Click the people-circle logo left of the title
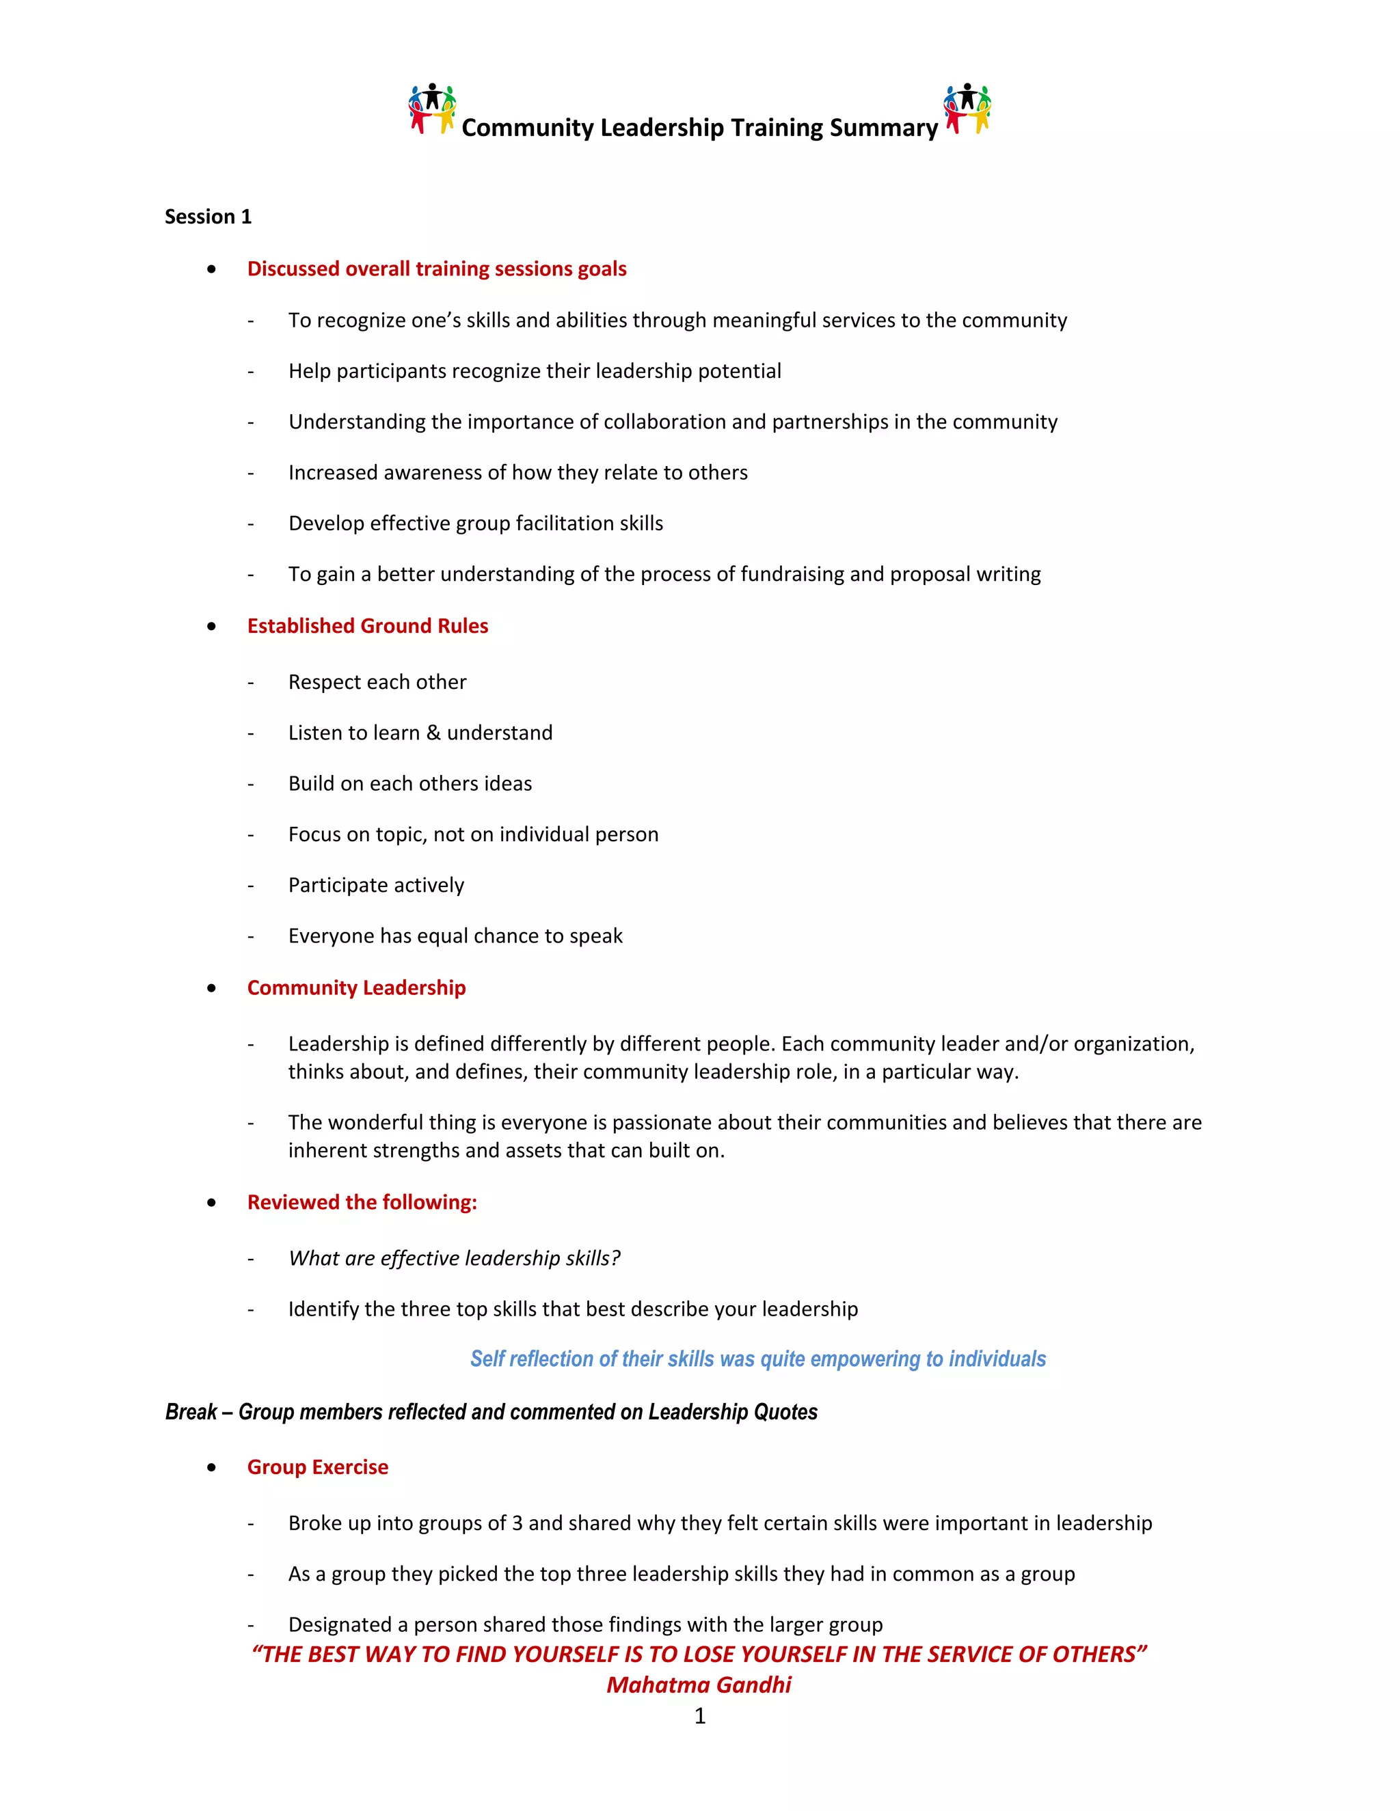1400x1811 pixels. (432, 109)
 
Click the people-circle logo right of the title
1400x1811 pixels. (967, 109)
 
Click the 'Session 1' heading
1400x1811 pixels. (207, 217)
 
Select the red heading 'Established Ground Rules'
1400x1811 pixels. (367, 626)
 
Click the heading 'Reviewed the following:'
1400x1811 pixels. (362, 1202)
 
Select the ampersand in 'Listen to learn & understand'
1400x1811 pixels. (433, 733)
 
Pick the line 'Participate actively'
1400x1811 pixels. (376, 886)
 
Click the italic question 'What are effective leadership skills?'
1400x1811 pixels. (454, 1259)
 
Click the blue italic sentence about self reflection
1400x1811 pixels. (757, 1359)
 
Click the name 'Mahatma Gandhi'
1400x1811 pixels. (699, 1685)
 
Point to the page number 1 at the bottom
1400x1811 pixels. (699, 1715)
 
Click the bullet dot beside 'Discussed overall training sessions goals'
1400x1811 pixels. (213, 269)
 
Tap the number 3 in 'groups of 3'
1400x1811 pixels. (517, 1523)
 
